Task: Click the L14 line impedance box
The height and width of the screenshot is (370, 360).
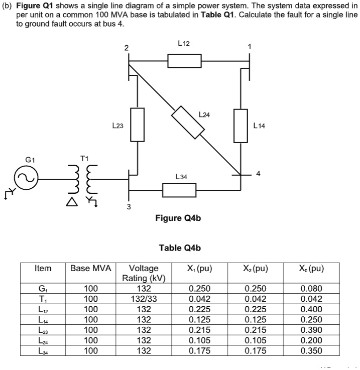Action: click(241, 126)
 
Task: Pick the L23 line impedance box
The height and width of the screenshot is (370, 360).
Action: click(138, 125)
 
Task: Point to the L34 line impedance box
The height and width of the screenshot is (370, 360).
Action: click(179, 190)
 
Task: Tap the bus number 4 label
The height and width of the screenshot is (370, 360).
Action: click(258, 174)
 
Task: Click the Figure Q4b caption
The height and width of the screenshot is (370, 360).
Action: click(179, 218)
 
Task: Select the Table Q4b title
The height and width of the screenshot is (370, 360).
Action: click(179, 248)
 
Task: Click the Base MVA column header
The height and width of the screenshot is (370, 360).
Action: click(90, 269)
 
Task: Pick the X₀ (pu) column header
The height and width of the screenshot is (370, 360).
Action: click(312, 269)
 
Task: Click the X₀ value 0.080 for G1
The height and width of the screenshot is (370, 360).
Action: click(312, 289)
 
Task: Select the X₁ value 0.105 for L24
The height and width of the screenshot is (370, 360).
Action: click(199, 340)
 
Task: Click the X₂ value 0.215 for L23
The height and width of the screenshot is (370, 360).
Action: click(256, 330)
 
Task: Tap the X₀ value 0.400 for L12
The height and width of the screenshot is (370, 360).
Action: click(312, 309)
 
